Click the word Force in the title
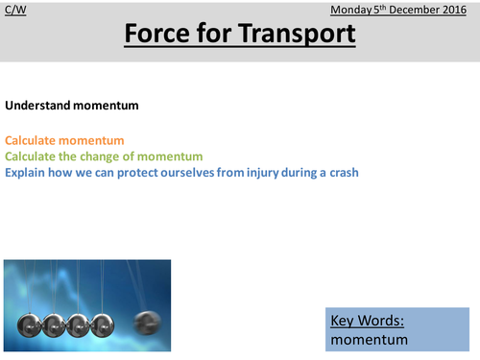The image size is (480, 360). [161, 36]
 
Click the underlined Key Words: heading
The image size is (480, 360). [366, 321]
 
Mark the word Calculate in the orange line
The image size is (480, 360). [32, 141]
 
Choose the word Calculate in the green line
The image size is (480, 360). [32, 156]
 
